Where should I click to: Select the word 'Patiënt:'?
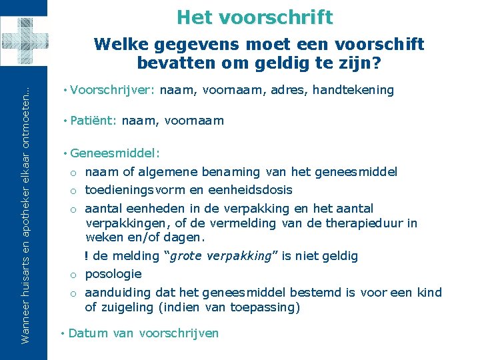(x=94, y=121)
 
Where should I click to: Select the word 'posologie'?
(x=114, y=274)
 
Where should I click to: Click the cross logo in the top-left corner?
(x=24, y=41)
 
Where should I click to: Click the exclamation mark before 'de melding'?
(x=87, y=256)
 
